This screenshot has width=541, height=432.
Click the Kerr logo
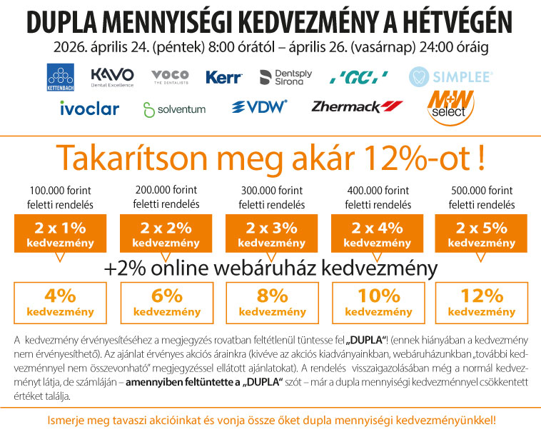pos(223,77)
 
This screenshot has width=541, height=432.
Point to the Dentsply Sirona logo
pos(282,77)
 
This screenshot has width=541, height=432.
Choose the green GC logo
pos(359,77)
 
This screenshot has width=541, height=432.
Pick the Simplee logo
pos(450,76)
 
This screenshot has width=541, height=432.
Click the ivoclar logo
pos(89,109)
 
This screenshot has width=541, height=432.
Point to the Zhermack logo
pos(357,107)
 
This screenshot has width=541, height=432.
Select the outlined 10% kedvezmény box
pos(373,302)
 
